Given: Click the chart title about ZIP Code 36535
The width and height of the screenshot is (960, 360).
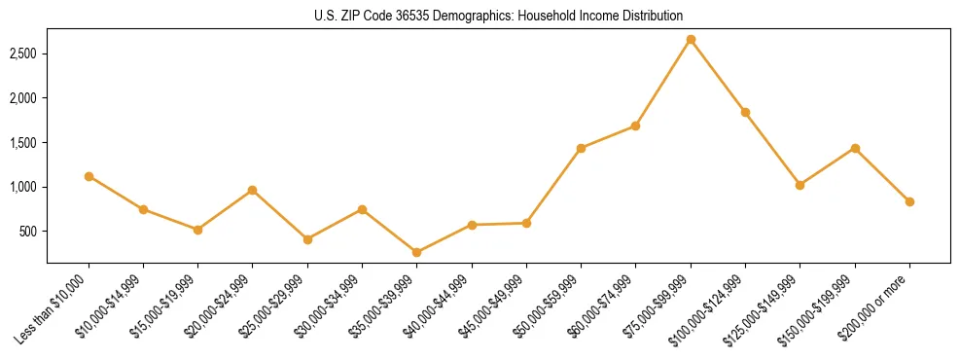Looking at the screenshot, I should click(498, 16).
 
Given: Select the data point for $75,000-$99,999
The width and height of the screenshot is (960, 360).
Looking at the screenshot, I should click(691, 40).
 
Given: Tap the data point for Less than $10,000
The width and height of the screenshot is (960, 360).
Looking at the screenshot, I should click(89, 176).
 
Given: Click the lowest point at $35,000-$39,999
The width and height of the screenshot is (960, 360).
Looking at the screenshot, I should click(416, 252).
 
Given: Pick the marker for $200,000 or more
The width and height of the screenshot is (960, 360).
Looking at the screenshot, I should click(909, 201).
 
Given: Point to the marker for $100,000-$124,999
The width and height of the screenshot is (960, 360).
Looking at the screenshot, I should click(745, 112).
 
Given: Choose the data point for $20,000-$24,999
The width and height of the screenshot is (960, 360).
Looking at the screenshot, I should click(253, 190).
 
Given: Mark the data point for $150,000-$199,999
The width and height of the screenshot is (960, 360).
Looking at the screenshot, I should click(855, 148).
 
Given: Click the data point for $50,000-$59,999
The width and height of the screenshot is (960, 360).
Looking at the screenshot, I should click(581, 148).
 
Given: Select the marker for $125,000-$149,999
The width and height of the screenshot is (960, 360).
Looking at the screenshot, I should click(800, 185).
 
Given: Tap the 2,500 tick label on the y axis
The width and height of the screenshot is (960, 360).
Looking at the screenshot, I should click(24, 54).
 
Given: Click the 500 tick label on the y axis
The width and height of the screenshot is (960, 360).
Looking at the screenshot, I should click(30, 232).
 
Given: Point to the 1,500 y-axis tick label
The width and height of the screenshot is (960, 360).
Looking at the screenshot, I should click(24, 143).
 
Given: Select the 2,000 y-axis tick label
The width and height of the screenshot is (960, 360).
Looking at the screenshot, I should click(24, 98).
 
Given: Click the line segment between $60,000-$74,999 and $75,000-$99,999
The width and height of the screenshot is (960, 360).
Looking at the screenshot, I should click(663, 83).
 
